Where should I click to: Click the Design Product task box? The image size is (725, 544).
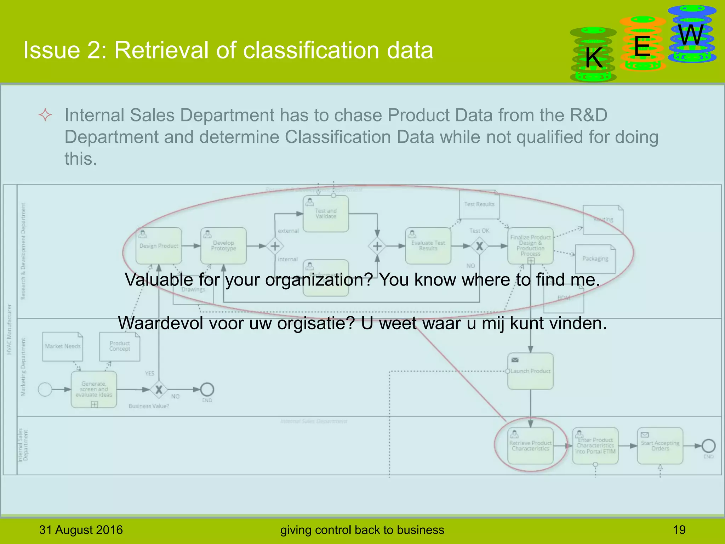tap(159, 246)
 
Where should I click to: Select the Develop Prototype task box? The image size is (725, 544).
tap(223, 246)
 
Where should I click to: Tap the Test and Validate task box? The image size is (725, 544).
tap(326, 214)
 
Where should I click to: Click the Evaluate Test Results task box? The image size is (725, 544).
tap(428, 246)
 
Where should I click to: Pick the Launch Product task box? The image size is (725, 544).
tap(530, 371)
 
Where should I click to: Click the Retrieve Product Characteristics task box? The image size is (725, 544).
tap(530, 446)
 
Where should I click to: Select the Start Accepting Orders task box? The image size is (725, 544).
tap(660, 446)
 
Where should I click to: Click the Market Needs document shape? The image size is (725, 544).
tap(63, 346)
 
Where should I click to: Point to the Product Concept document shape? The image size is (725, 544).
tap(120, 346)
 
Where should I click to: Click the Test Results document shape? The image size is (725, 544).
tap(479, 204)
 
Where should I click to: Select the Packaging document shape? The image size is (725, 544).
tap(595, 259)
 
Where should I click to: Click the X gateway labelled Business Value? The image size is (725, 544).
tap(159, 390)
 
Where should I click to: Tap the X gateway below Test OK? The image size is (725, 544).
tap(479, 246)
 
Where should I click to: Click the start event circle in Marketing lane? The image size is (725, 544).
tap(45, 390)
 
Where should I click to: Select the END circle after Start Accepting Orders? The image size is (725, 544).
tap(708, 446)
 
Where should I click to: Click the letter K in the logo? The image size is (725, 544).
tap(594, 58)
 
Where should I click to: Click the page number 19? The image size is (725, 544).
tap(679, 530)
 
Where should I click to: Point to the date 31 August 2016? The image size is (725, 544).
tap(81, 530)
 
